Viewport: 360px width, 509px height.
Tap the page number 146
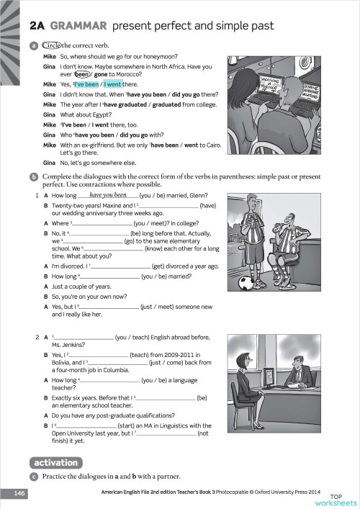click(x=19, y=493)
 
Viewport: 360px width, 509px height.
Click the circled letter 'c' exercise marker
click(x=34, y=477)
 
